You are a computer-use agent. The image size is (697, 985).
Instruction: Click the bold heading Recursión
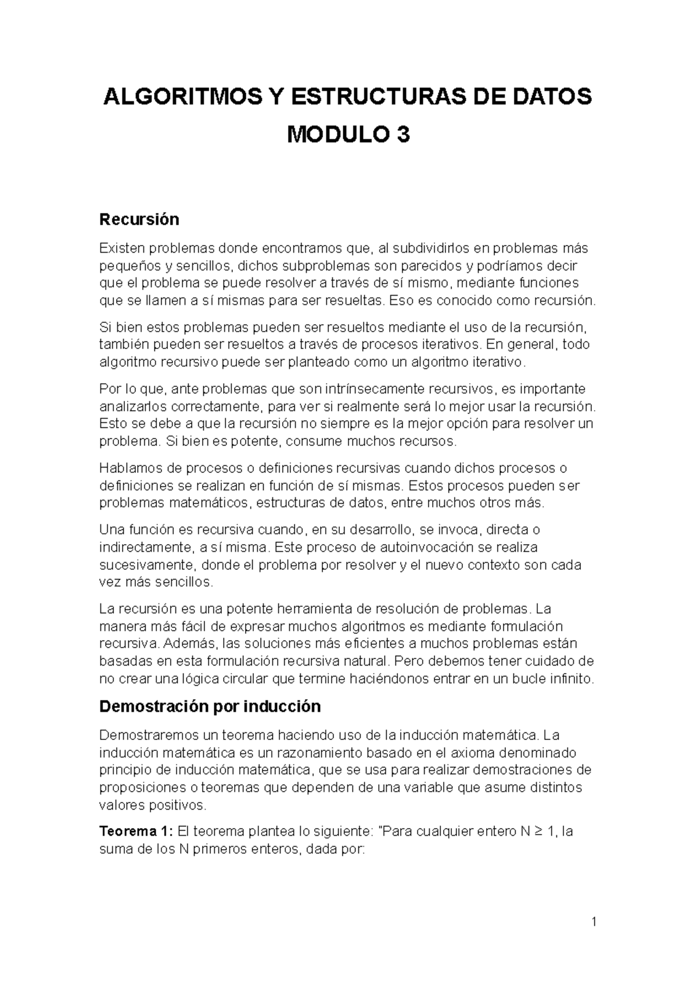click(x=139, y=220)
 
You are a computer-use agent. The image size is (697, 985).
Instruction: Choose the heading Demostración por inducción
click(x=210, y=706)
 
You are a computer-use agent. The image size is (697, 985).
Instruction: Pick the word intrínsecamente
click(x=382, y=388)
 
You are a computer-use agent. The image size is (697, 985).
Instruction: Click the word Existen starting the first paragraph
click(x=123, y=249)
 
